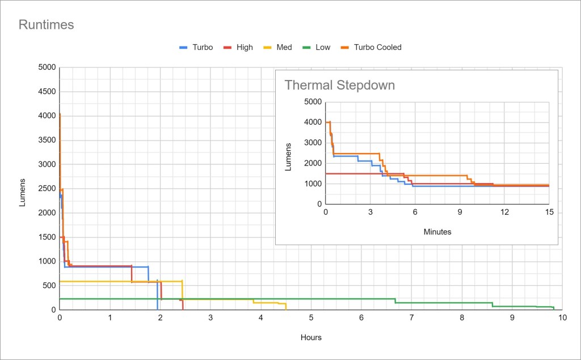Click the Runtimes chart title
point(47,25)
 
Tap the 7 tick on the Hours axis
point(411,317)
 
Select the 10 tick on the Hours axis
point(562,317)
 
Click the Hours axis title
point(311,337)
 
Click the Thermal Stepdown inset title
point(339,86)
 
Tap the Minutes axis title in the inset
point(437,231)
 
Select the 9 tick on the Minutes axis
point(460,212)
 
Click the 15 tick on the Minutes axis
point(549,212)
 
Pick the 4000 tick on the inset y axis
point(313,122)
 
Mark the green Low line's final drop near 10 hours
point(554,308)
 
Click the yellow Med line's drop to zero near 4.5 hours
point(286,306)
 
